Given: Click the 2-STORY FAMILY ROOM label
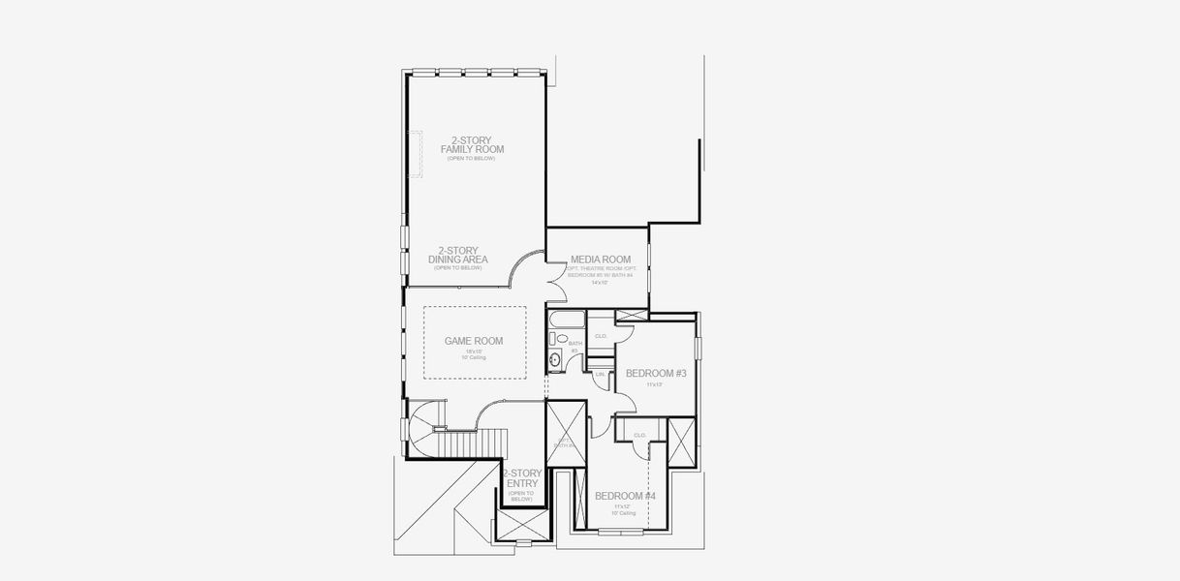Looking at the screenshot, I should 472,145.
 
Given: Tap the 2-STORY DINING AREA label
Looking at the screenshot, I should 457,255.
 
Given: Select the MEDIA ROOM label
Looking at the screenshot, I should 601,260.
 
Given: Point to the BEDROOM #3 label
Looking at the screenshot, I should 656,373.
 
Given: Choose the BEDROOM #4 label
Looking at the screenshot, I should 625,496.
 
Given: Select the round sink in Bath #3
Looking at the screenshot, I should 555,360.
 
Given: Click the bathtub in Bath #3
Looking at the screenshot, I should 565,320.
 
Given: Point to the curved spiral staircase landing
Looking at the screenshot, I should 423,431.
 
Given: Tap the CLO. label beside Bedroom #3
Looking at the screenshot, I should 601,336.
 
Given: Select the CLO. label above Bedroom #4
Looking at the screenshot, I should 639,436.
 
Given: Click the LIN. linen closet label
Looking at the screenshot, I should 600,374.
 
